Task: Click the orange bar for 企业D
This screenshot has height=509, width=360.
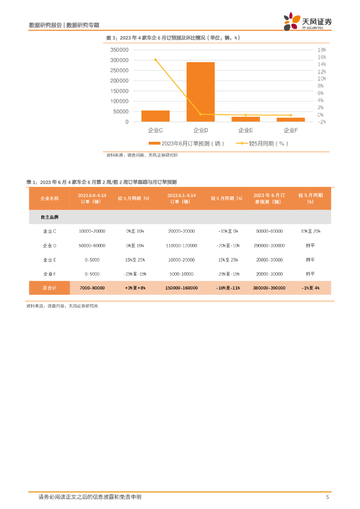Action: click(200, 92)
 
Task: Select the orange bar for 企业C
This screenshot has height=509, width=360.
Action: click(155, 116)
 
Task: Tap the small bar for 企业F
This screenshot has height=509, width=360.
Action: click(290, 119)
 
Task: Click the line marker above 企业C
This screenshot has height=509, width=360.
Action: click(155, 60)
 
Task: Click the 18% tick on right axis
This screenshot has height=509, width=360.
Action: click(321, 50)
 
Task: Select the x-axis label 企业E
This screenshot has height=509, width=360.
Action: click(246, 130)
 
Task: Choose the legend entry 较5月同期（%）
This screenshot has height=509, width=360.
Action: click(269, 144)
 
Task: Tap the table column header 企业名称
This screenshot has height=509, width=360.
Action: click(49, 198)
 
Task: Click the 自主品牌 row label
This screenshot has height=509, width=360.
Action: click(49, 217)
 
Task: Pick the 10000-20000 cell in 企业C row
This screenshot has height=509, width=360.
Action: click(92, 231)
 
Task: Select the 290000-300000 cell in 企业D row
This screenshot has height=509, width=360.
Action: click(269, 246)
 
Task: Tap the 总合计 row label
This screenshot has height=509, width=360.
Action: click(49, 288)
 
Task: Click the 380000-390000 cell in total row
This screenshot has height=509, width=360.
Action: click(269, 288)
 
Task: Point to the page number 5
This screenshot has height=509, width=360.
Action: click(327, 497)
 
